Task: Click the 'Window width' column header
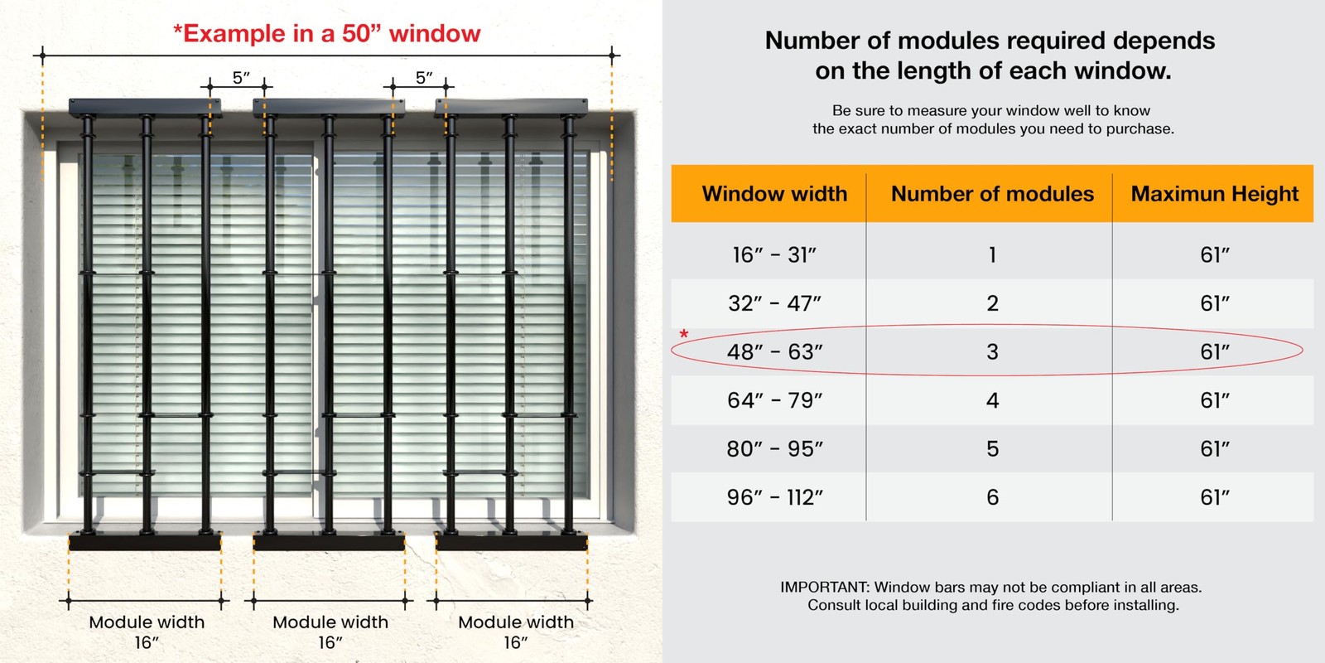point(774,194)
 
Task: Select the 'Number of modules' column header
point(992,194)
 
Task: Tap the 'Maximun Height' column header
point(1214,194)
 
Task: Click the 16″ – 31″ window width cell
point(774,255)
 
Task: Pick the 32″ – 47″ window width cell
point(774,303)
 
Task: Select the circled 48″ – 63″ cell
point(774,352)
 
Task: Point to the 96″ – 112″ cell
point(774,498)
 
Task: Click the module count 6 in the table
point(993,498)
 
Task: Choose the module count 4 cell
point(993,401)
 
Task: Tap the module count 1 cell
point(993,255)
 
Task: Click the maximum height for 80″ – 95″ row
point(1214,449)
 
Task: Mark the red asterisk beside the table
point(684,334)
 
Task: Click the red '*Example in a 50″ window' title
point(326,34)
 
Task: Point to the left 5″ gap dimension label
point(241,78)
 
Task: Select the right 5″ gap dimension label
point(423,78)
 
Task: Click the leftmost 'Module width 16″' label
point(147,632)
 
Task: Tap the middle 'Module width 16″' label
point(330,632)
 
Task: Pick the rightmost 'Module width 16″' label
point(516,632)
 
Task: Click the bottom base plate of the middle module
point(330,542)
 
